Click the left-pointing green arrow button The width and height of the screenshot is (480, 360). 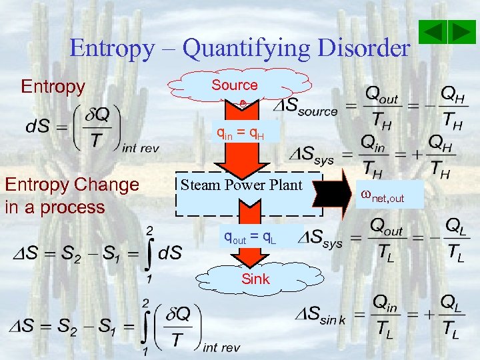pyautogui.click(x=435, y=32)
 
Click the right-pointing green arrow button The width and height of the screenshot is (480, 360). pyautogui.click(x=461, y=32)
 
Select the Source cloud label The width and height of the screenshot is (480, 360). pyautogui.click(x=235, y=85)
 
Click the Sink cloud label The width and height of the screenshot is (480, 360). pyautogui.click(x=256, y=279)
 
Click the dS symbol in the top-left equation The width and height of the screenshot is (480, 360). pyautogui.click(x=36, y=125)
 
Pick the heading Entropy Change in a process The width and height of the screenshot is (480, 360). pyautogui.click(x=71, y=195)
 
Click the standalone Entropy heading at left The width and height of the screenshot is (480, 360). pyautogui.click(x=53, y=87)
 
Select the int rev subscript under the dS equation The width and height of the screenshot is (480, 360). pyautogui.click(x=141, y=148)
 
